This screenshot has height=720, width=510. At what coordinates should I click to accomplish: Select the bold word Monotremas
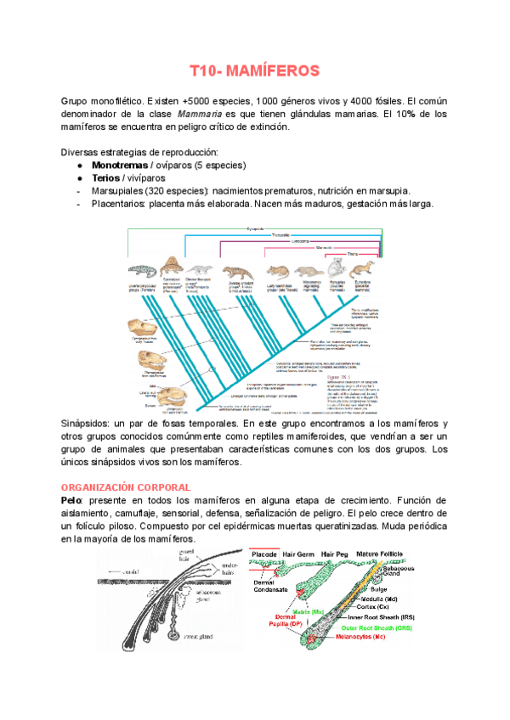click(122, 165)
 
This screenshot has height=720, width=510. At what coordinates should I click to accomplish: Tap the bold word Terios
click(108, 178)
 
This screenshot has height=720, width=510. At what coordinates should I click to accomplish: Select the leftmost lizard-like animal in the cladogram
click(141, 273)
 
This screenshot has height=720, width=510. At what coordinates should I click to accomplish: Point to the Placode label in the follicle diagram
click(268, 553)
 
